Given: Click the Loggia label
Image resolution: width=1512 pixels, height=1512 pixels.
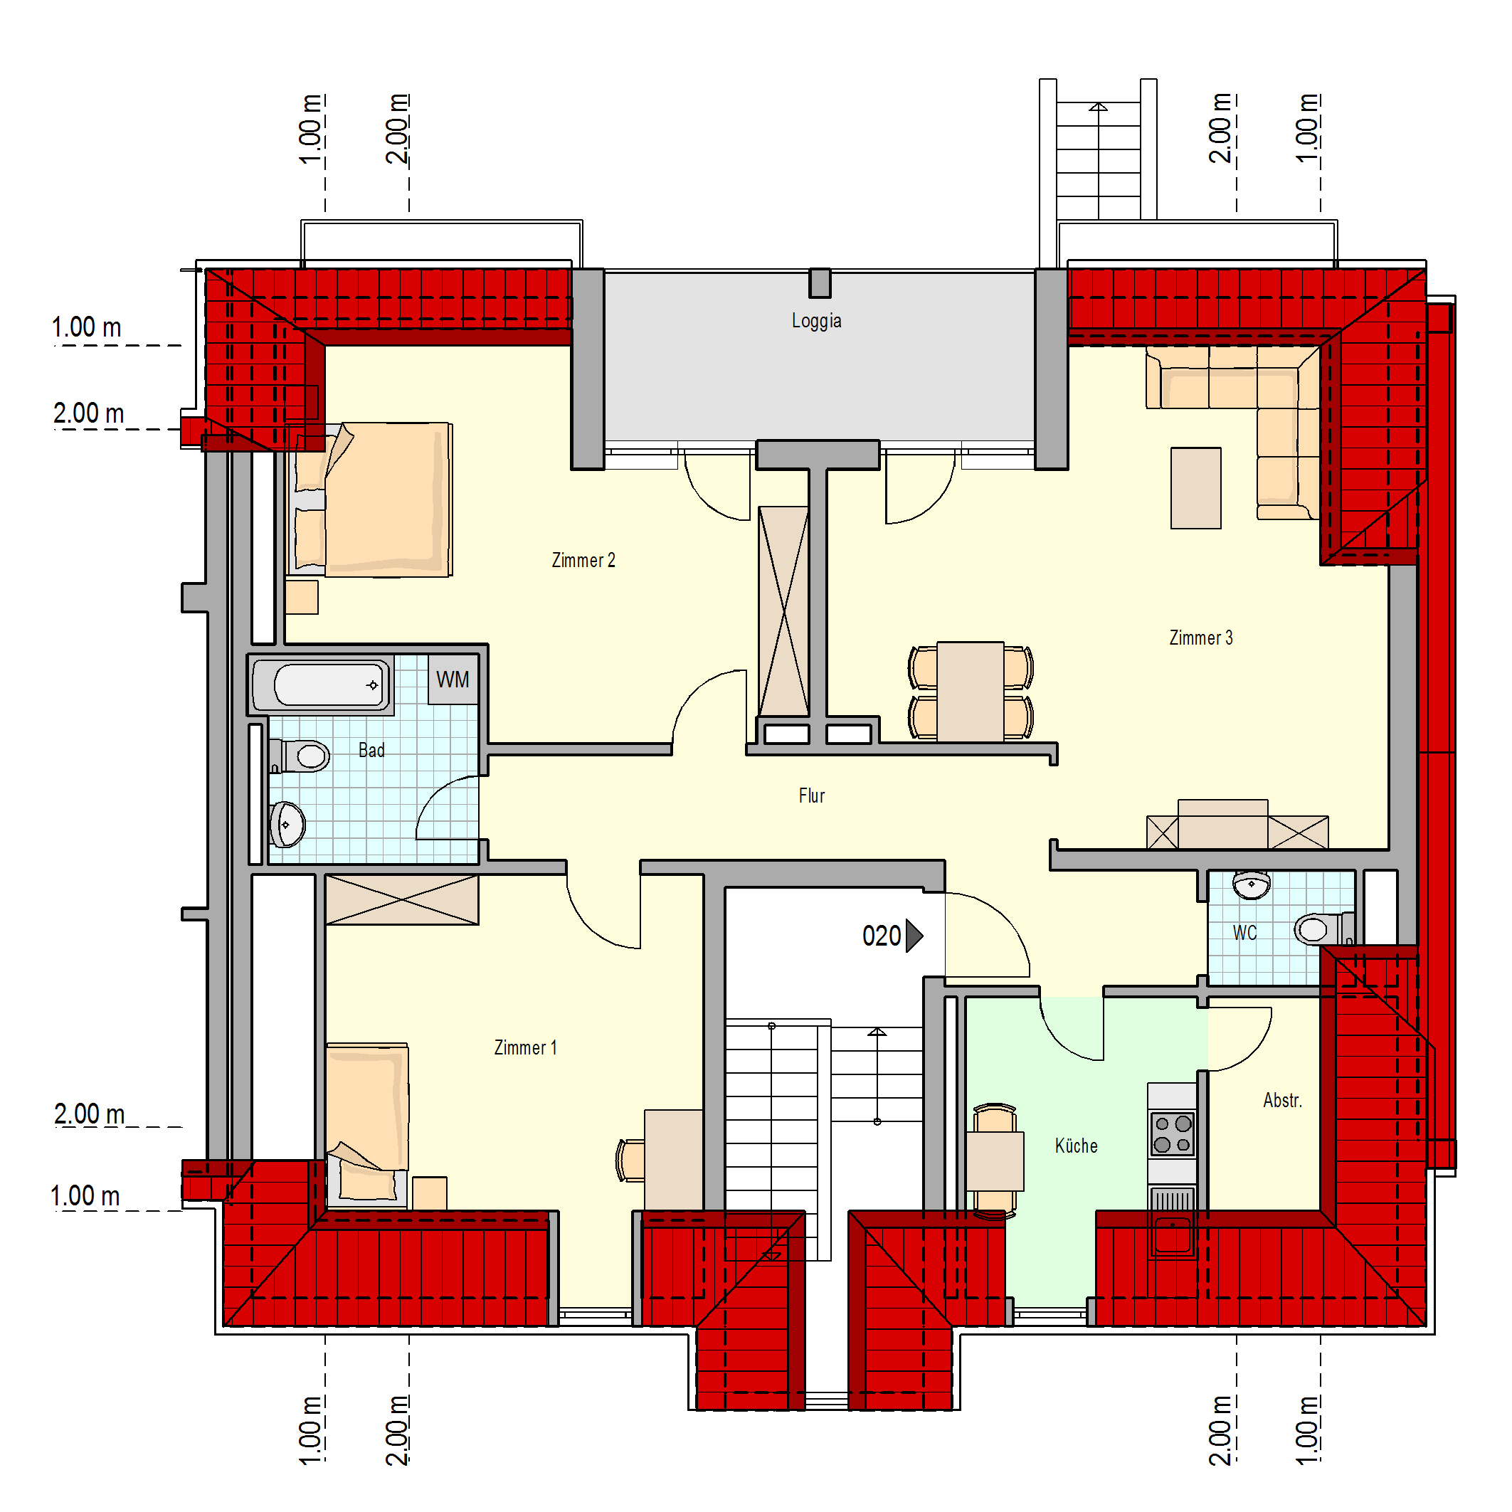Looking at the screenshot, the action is coord(816,321).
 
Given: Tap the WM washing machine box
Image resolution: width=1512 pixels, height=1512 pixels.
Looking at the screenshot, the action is coord(453,680).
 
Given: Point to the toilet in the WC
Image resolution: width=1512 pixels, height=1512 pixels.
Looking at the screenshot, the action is coord(1323,929).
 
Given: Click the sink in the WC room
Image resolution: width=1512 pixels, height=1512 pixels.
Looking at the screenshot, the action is coord(1252,885).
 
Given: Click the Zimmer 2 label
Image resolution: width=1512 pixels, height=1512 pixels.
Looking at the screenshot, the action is coord(584,561).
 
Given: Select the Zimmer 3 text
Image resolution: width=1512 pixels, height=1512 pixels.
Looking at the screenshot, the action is coord(1200,638).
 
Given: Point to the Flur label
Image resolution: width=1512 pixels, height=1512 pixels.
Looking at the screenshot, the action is coord(812,796).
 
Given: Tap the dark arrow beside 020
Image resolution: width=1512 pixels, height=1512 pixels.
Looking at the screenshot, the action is coord(914,936).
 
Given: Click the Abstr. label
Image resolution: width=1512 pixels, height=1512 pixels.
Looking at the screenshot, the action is coord(1282,1100).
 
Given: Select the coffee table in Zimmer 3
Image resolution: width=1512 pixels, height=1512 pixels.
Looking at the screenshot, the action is coord(1196,488).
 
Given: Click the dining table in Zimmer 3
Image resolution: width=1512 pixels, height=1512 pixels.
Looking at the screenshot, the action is coord(971,692).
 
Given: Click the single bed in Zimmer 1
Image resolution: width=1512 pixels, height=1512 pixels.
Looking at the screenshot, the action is coord(367,1124).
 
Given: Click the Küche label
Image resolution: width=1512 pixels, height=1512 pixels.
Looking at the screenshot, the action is coord(1076,1146).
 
